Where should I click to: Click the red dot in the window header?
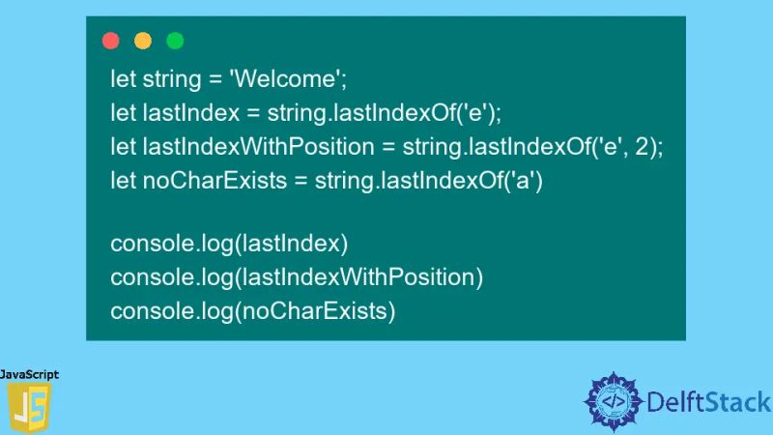[x=111, y=41]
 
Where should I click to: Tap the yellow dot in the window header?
[x=143, y=41]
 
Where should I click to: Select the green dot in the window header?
[x=175, y=41]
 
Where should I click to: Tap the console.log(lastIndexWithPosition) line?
[x=296, y=277]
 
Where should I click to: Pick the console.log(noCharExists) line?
[x=253, y=310]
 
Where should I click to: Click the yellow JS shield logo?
[x=29, y=407]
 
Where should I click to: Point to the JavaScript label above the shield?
[x=29, y=374]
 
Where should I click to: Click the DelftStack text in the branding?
[x=708, y=400]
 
